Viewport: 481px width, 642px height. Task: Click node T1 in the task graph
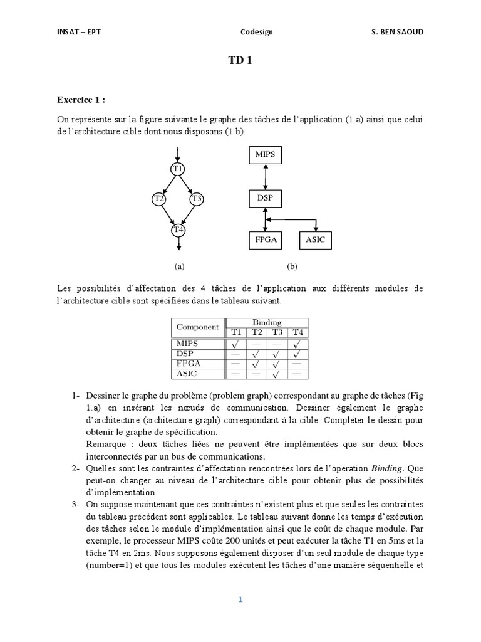click(x=178, y=169)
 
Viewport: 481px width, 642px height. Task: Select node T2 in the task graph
click(x=159, y=199)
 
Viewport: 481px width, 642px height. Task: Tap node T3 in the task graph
click(x=197, y=199)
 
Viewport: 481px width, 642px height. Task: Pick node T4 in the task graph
click(x=178, y=230)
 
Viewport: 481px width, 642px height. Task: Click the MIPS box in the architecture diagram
click(x=266, y=154)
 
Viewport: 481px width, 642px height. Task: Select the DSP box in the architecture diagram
click(x=266, y=199)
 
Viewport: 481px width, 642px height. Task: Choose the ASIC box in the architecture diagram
click(x=316, y=239)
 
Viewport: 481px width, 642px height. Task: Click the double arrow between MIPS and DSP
click(x=266, y=176)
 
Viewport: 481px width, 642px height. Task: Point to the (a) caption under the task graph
click(x=180, y=266)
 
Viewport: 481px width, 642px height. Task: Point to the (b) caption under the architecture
click(x=292, y=266)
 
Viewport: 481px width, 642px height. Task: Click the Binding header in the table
click(x=267, y=322)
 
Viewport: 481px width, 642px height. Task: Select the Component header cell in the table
click(x=198, y=327)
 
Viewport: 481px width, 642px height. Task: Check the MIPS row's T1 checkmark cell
click(x=235, y=344)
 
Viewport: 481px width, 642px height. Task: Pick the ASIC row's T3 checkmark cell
click(x=277, y=374)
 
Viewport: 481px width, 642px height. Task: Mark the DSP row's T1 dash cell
click(x=235, y=354)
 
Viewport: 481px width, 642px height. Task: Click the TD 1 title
click(x=240, y=61)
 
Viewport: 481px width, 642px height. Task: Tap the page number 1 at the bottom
click(x=240, y=599)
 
